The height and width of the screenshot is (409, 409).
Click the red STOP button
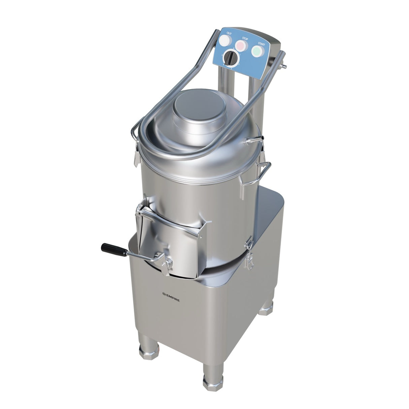[x=241, y=45]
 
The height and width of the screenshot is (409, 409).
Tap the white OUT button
[x=225, y=41]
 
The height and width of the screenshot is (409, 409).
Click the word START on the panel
[x=261, y=44]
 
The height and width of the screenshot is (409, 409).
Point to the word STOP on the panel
[x=245, y=39]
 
